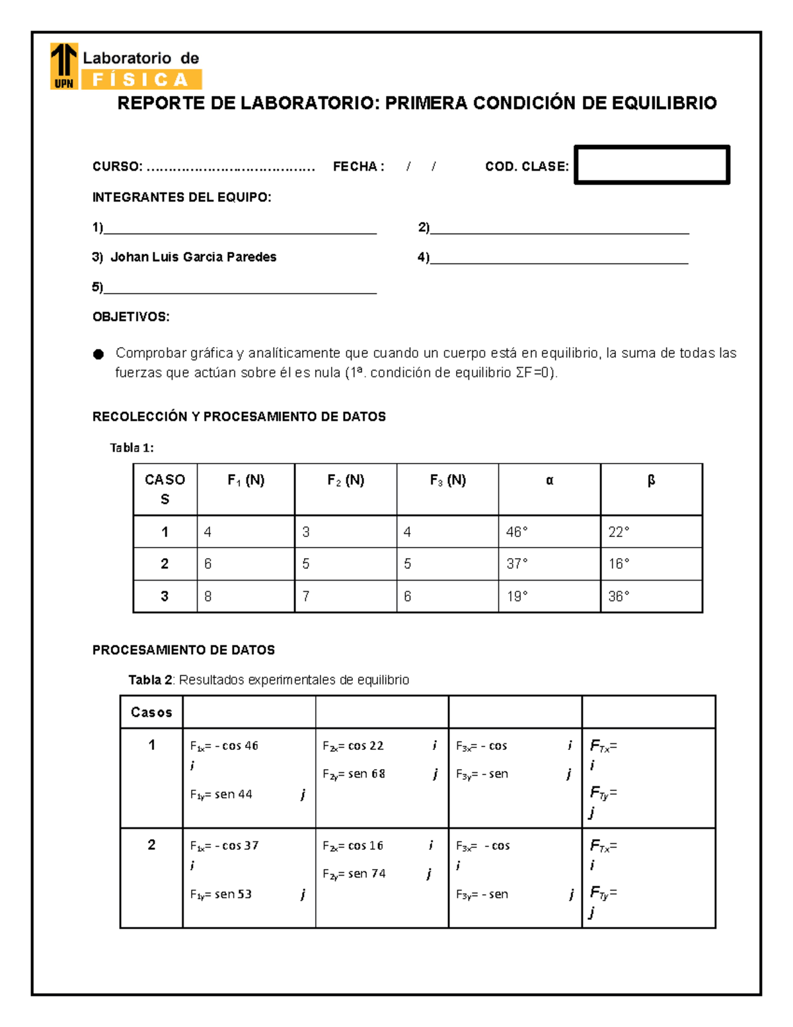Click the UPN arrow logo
pyautogui.click(x=64, y=65)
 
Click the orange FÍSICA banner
pyautogui.click(x=141, y=80)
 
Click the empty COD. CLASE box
pyautogui.click(x=652, y=165)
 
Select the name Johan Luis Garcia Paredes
pyautogui.click(x=193, y=257)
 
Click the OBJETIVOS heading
pyautogui.click(x=131, y=317)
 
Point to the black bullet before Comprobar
pyautogui.click(x=98, y=354)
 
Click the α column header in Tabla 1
pyautogui.click(x=549, y=481)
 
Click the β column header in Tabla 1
pyautogui.click(x=651, y=481)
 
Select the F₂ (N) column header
pyautogui.click(x=346, y=481)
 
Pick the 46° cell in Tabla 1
pyautogui.click(x=517, y=532)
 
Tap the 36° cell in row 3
pyautogui.click(x=619, y=596)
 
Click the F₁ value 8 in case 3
pyautogui.click(x=208, y=596)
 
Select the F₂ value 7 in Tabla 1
pyautogui.click(x=306, y=596)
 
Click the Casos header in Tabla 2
pyautogui.click(x=151, y=712)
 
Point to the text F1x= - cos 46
pyautogui.click(x=224, y=746)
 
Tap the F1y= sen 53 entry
pyautogui.click(x=221, y=894)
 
